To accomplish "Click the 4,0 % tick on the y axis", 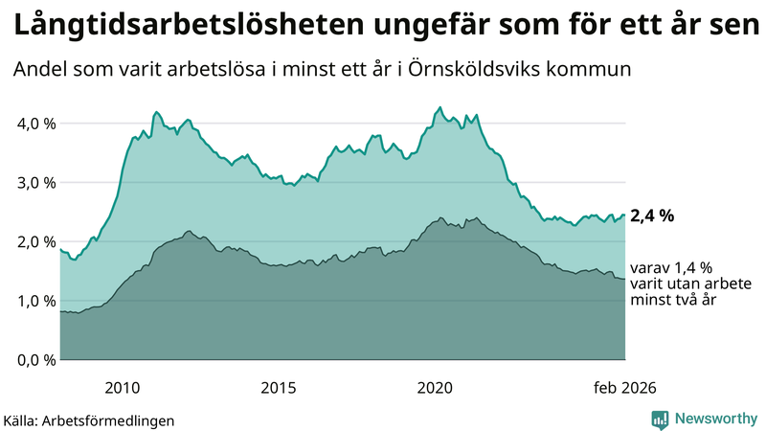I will click(x=32, y=124).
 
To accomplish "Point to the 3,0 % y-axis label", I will click(x=32, y=183).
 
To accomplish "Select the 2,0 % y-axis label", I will click(x=32, y=242).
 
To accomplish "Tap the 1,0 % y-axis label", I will click(x=32, y=302).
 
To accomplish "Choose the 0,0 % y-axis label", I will click(x=32, y=360).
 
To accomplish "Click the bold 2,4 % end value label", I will click(x=652, y=215).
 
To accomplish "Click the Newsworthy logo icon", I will click(x=660, y=419).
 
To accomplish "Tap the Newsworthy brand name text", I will click(x=714, y=419).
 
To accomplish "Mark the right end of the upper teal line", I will click(x=624, y=215).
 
